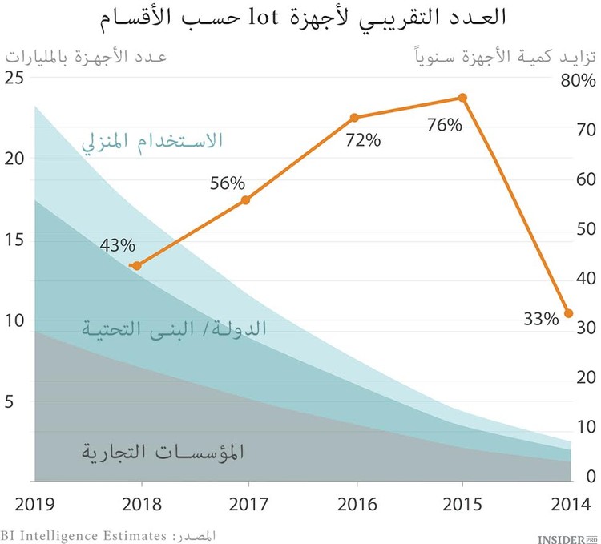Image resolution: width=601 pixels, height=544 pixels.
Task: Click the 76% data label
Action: point(445,125)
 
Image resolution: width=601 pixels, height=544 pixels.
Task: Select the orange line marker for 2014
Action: point(569,313)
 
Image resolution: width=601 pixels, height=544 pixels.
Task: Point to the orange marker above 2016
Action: point(354,118)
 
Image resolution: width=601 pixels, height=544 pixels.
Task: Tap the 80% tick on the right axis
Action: point(579,81)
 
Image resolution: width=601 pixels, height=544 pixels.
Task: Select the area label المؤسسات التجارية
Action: point(163,451)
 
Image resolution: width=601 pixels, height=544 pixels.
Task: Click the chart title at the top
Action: point(300,18)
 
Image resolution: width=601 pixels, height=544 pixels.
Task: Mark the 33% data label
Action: point(540,319)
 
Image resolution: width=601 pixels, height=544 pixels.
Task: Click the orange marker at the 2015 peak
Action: point(462,98)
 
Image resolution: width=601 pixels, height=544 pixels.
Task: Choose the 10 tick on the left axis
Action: point(14,320)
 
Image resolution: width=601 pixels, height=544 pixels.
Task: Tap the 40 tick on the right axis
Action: point(587,278)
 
